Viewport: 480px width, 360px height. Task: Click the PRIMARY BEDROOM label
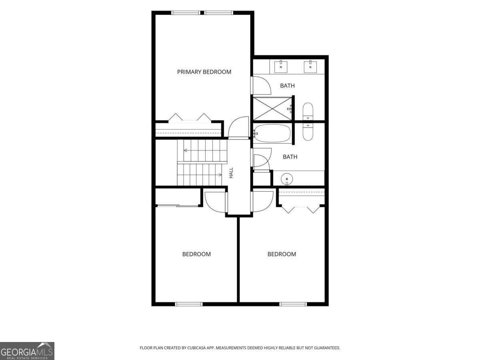204,72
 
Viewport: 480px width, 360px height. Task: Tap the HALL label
231,173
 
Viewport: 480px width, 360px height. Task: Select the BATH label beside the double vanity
287,86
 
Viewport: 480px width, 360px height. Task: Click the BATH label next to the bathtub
290,157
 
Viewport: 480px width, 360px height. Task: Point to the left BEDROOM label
196,254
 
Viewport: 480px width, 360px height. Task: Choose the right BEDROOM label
282,254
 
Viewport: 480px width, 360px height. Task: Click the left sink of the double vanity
281,66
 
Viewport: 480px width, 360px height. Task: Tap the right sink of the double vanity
310,66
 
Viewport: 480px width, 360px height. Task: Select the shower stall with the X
272,109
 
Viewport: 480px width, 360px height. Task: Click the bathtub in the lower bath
272,133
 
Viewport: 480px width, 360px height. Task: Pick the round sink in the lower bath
287,179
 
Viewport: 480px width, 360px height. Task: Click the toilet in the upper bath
308,111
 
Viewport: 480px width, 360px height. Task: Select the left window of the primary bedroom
186,13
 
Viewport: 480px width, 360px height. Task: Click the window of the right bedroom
293,304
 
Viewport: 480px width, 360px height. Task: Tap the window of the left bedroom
189,304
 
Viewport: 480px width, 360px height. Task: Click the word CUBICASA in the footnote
196,348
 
